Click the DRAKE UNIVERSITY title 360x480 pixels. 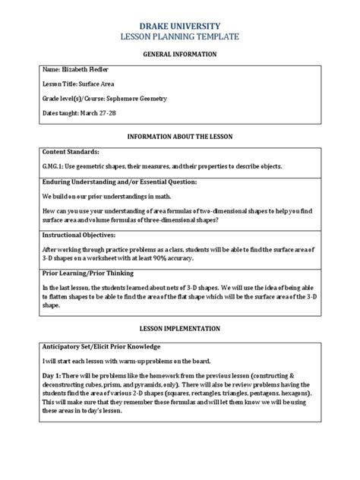[181, 24]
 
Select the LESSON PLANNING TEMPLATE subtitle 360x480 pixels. [181, 36]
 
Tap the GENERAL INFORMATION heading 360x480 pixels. [181, 55]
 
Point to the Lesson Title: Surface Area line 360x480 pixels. [78, 84]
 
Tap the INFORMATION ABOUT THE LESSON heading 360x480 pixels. [181, 137]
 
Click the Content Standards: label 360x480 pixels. [71, 153]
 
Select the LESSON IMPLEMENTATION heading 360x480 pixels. [181, 329]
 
